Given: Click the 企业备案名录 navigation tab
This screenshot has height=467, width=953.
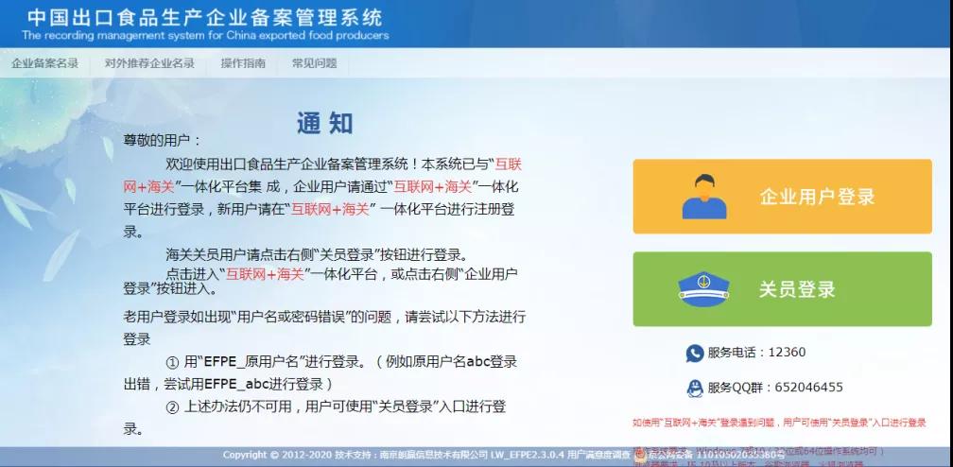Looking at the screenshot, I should click(x=44, y=63).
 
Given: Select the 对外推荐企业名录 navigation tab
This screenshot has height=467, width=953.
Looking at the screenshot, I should click(x=149, y=63).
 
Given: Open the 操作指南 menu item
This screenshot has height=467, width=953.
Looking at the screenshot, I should click(x=243, y=63).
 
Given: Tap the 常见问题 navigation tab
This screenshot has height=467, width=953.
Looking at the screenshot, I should click(x=314, y=63).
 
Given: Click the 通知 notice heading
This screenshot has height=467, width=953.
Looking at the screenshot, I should click(x=324, y=123).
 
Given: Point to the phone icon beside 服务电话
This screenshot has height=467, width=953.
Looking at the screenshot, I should click(x=695, y=353).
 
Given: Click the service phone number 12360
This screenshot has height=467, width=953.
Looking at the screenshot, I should click(x=787, y=353).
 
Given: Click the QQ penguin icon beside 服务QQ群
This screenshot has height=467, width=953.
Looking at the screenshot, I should click(x=695, y=387).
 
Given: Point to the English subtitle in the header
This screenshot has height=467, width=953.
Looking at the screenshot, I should click(x=205, y=36).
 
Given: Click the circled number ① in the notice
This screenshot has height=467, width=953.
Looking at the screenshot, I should click(x=172, y=362).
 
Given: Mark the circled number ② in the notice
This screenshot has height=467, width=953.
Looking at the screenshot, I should click(x=172, y=406).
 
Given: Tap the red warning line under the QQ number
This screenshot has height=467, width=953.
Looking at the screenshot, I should click(x=779, y=423).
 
